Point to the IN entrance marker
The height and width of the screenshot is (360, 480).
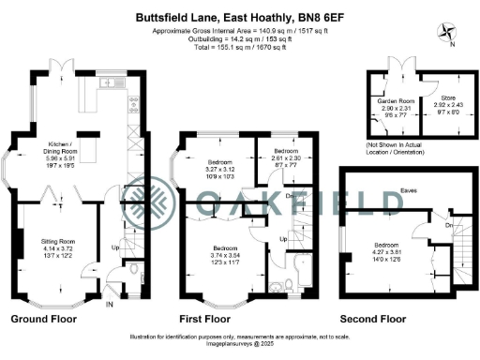pos(109,304)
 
